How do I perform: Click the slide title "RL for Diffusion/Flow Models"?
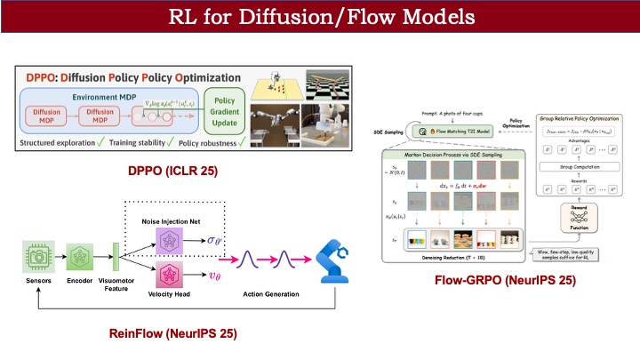point(320,17)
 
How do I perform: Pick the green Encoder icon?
point(80,252)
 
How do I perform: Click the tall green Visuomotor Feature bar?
point(115,252)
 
